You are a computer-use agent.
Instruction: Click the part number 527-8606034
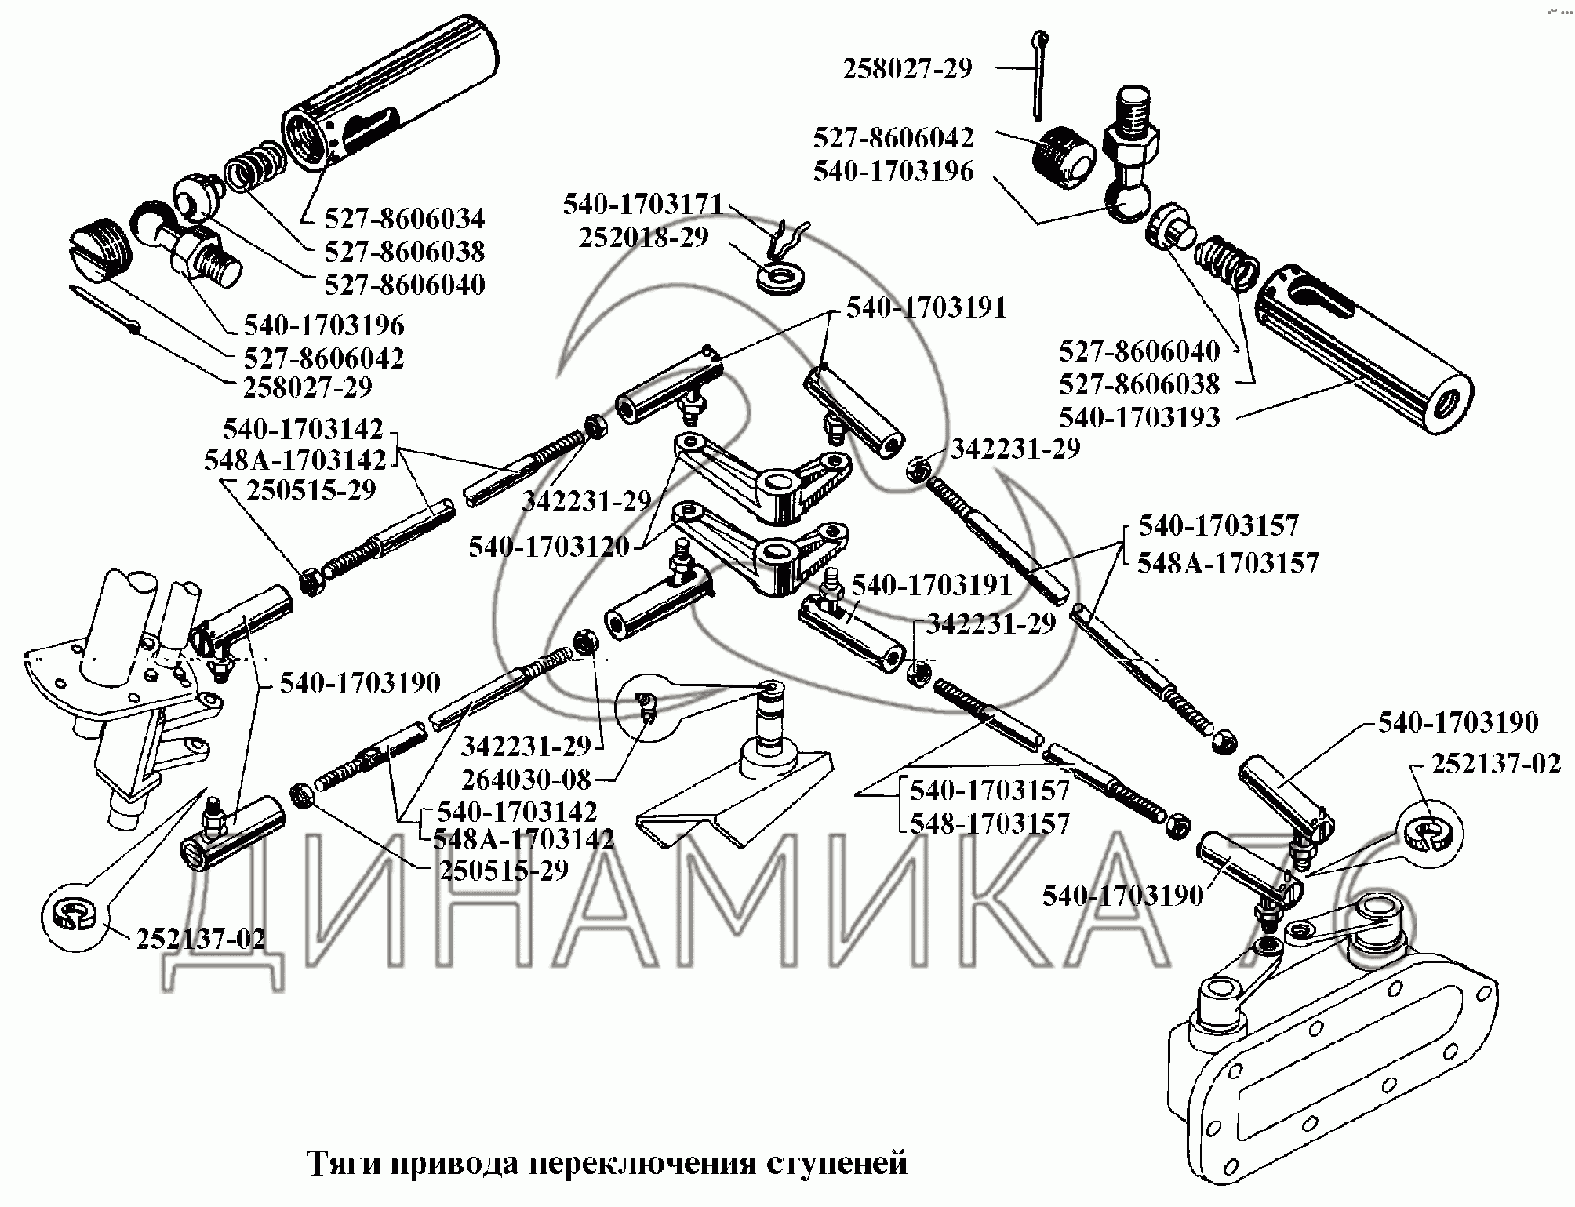[x=405, y=218]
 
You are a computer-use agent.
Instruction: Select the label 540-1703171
[x=643, y=205]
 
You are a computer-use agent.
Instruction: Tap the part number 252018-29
[x=644, y=237]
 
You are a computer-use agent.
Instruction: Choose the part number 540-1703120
[x=549, y=547]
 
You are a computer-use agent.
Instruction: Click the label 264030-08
[x=526, y=779]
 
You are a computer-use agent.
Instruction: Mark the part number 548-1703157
[x=990, y=823]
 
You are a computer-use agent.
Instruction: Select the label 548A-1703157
[x=1229, y=562]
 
